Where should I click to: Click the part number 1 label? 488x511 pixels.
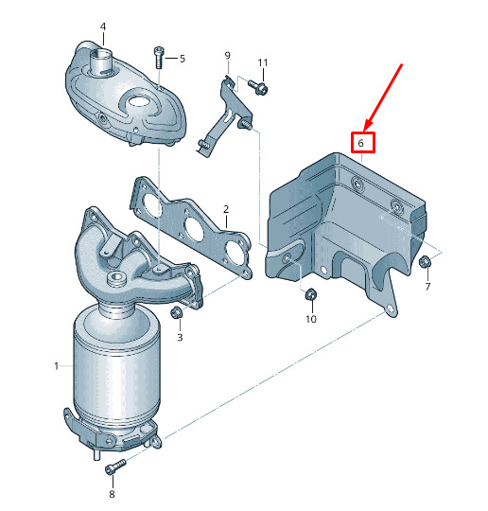[x=57, y=366]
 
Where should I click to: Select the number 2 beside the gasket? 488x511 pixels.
[x=226, y=209]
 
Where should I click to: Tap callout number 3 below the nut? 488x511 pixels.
[x=180, y=337]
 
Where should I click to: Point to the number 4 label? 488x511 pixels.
[x=103, y=26]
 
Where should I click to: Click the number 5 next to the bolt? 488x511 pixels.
[x=183, y=59]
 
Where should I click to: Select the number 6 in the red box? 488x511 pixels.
[x=360, y=143]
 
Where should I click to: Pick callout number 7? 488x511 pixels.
[x=427, y=287]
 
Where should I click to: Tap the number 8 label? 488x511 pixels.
[x=112, y=494]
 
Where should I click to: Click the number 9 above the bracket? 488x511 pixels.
[x=227, y=56]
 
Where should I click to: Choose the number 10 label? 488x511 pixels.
[x=311, y=319]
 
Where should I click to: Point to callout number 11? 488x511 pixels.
[x=263, y=62]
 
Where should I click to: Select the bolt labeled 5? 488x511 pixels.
[x=158, y=58]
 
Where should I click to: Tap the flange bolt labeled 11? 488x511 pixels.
[x=258, y=87]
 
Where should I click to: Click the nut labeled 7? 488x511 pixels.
[x=424, y=262]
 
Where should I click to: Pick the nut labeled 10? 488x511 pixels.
[x=310, y=294]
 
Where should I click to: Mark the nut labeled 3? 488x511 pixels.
[x=176, y=312]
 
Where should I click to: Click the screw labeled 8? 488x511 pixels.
[x=115, y=467]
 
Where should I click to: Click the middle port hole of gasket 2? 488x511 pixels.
[x=195, y=227]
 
